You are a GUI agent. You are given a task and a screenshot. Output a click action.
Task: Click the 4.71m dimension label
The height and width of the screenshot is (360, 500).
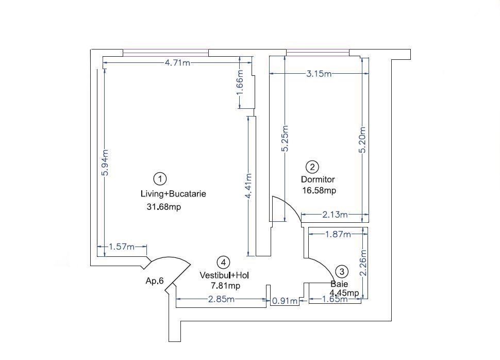pyautogui.click(x=177, y=62)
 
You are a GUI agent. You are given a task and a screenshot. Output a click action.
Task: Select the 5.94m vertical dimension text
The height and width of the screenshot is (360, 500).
pyautogui.click(x=105, y=162)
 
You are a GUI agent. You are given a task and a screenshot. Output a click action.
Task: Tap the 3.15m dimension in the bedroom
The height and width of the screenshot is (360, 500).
pyautogui.click(x=319, y=74)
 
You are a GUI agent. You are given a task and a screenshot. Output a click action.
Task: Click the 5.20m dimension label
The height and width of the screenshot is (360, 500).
pyautogui.click(x=362, y=140)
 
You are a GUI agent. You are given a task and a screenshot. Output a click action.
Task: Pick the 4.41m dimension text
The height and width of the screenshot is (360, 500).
pyautogui.click(x=249, y=186)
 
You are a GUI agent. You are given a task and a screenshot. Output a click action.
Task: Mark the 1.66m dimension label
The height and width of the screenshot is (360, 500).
pyautogui.click(x=240, y=83)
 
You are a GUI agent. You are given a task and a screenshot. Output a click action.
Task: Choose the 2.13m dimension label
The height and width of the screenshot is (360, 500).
pyautogui.click(x=335, y=215)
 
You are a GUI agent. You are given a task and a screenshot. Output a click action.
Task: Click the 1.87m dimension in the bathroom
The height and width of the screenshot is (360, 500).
pyautogui.click(x=338, y=235)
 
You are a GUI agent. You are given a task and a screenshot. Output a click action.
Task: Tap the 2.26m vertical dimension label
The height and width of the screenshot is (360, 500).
pyautogui.click(x=363, y=263)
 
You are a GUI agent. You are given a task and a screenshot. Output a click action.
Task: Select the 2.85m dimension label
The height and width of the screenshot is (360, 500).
pyautogui.click(x=221, y=299)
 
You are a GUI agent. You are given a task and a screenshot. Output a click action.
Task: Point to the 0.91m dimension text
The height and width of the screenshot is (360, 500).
pyautogui.click(x=285, y=301)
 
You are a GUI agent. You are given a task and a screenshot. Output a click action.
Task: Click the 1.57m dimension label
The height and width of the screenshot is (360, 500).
pyautogui.click(x=122, y=247)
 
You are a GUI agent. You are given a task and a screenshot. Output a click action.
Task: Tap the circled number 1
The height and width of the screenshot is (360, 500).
pyautogui.click(x=160, y=179)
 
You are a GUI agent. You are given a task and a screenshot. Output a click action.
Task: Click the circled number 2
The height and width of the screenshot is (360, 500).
pyautogui.click(x=312, y=167)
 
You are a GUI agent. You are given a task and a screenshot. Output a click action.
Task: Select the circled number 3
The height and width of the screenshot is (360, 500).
pyautogui.click(x=342, y=272)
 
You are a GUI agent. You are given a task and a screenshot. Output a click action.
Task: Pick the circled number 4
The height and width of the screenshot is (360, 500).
pyautogui.click(x=223, y=263)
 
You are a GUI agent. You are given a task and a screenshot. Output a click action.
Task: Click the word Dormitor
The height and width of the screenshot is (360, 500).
pyautogui.click(x=318, y=179)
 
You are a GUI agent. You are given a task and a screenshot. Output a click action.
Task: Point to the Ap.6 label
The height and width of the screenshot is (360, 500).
pyautogui.click(x=155, y=281)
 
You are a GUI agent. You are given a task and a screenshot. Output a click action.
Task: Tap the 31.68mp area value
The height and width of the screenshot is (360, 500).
pyautogui.click(x=164, y=207)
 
